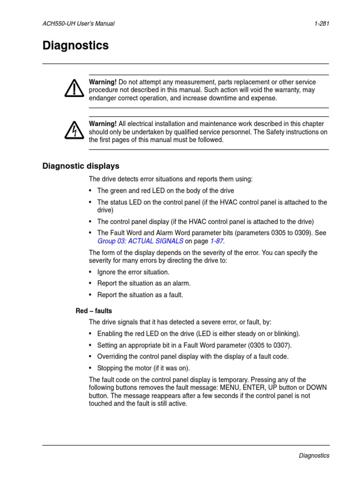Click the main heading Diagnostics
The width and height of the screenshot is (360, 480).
(75, 46)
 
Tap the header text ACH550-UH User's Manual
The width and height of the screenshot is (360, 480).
(78, 23)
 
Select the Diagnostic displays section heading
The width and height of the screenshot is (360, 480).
(81, 166)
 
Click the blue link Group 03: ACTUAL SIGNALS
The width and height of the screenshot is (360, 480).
(140, 241)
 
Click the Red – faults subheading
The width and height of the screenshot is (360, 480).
(94, 311)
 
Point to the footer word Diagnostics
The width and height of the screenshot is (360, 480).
(314, 455)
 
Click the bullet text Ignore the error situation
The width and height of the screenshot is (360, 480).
(133, 272)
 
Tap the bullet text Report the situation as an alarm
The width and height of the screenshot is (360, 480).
(144, 283)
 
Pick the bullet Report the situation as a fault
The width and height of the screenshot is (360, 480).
(140, 295)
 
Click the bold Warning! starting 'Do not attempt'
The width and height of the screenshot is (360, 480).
(103, 82)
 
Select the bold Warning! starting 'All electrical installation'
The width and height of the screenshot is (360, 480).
(103, 124)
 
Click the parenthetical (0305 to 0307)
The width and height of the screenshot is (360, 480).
(264, 345)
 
